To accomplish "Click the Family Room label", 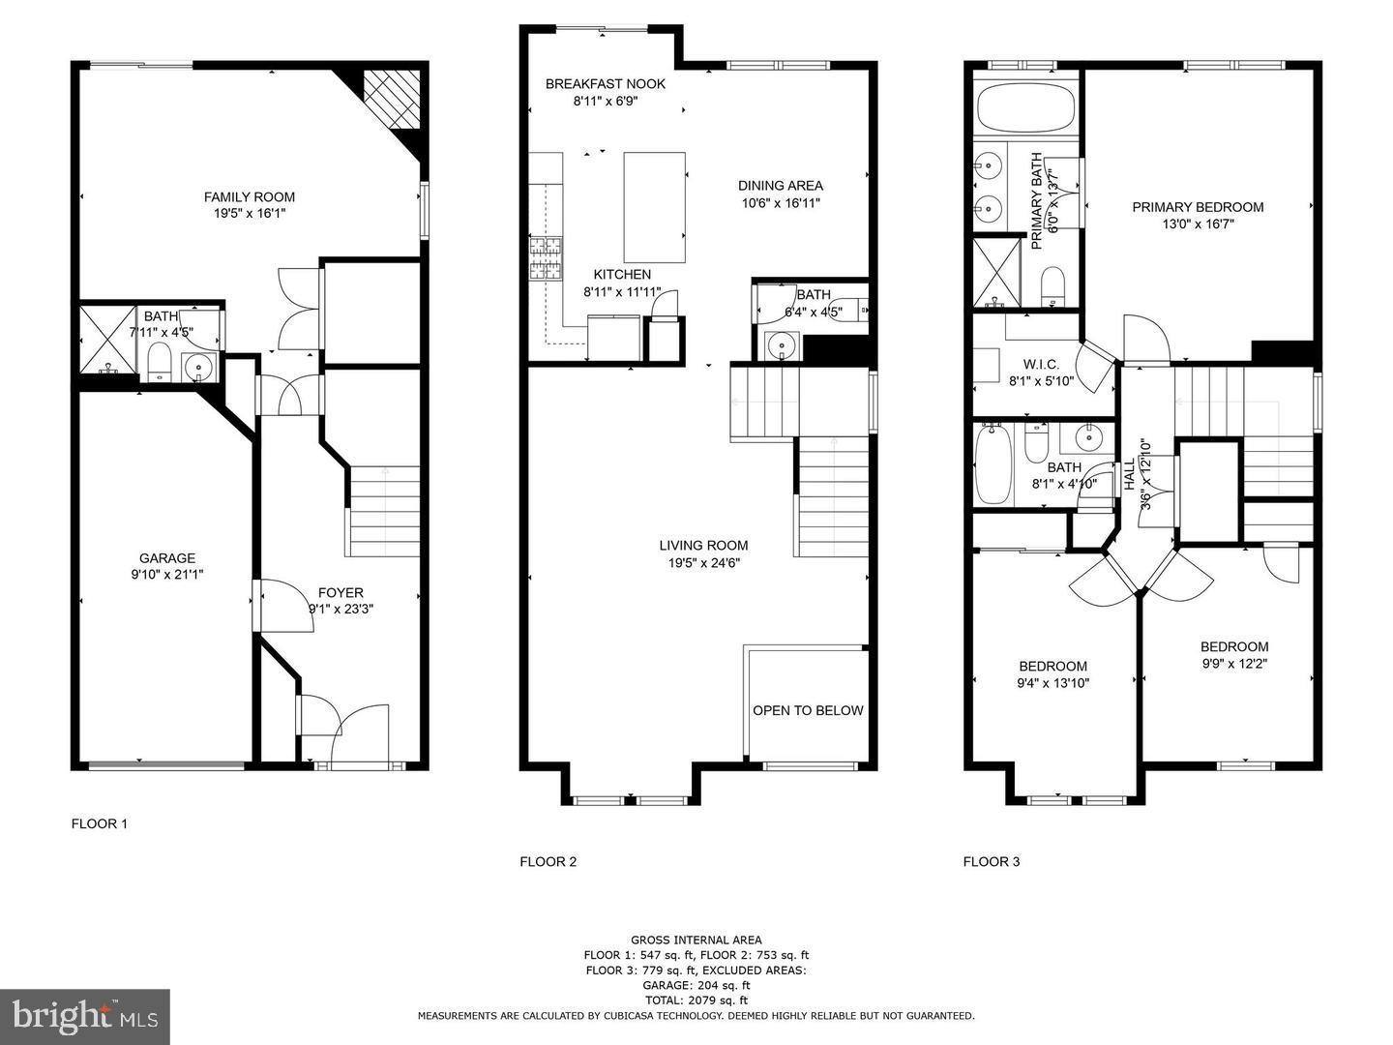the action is tap(250, 197).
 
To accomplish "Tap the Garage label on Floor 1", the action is tap(167, 558).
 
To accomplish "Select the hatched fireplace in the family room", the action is tap(391, 99).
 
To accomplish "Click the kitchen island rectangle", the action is tap(654, 207).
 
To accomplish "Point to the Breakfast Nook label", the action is tap(606, 84).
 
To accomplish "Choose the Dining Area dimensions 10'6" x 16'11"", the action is tap(781, 203).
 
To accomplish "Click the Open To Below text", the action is tap(808, 710).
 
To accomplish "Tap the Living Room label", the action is tap(703, 545).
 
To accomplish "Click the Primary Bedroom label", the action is tap(1198, 207).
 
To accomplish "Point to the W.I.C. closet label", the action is tap(1042, 365).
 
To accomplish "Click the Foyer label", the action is tap(341, 592).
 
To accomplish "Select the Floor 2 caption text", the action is tap(548, 861).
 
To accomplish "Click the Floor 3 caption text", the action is tap(992, 861).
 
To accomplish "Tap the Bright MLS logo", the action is tap(85, 1016).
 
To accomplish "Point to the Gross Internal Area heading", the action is tap(696, 940).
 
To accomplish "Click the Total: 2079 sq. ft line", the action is tap(696, 1000).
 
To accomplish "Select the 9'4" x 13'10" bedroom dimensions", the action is tap(1052, 683).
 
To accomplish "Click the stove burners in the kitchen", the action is tap(547, 258).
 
